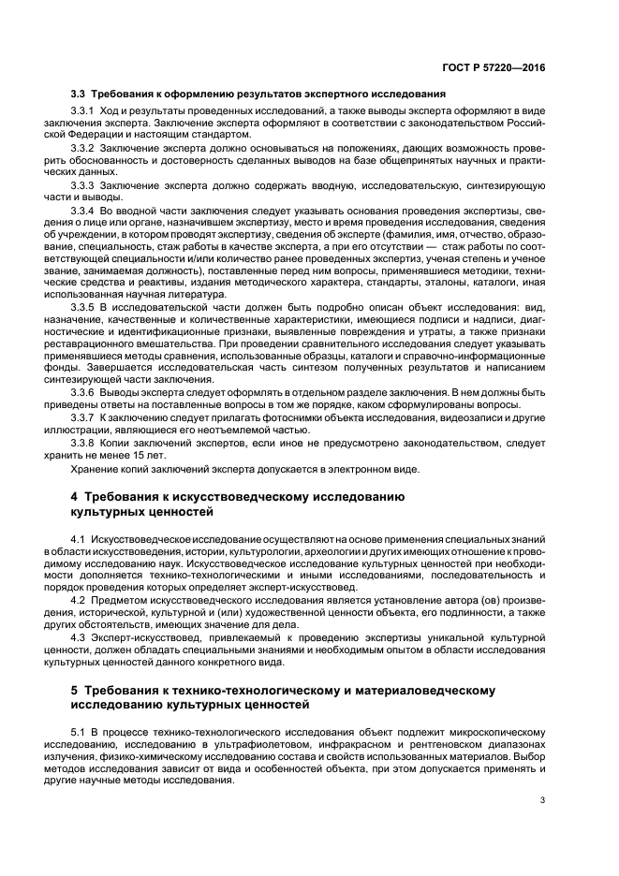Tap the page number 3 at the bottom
(542, 799)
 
